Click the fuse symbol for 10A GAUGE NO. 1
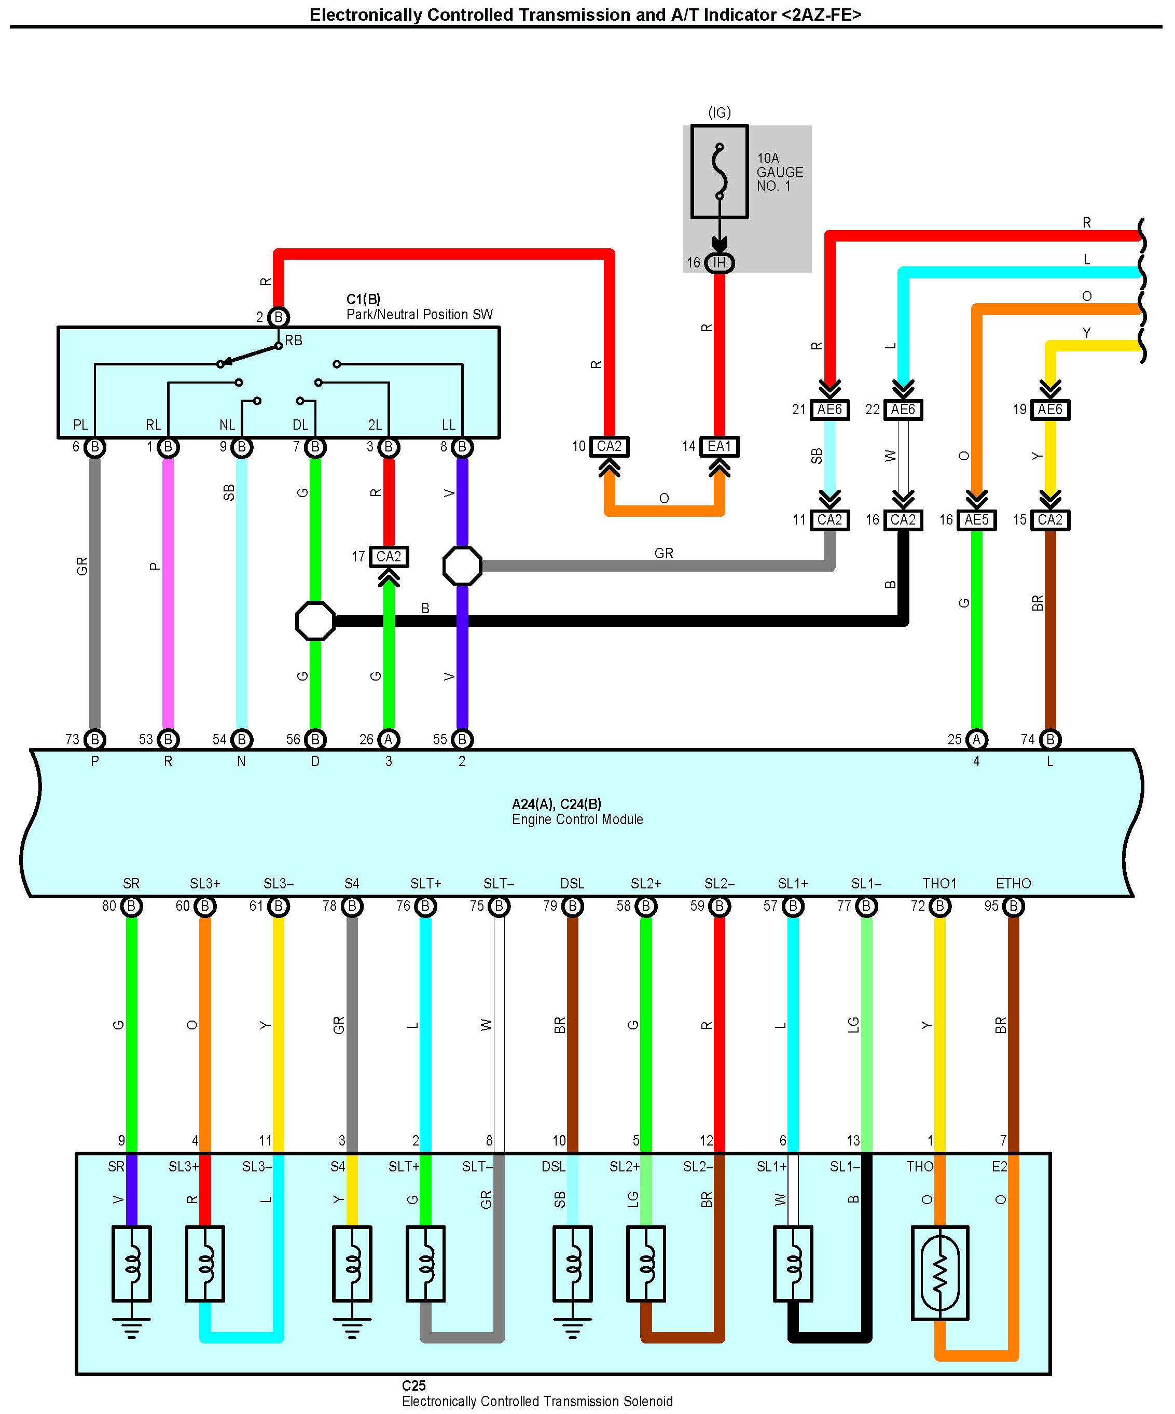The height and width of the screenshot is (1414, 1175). click(720, 172)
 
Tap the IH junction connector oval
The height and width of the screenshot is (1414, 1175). click(720, 263)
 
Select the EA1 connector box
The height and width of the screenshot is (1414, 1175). click(720, 446)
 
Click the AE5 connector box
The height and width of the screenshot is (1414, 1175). click(976, 520)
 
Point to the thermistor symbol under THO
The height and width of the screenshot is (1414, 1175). click(940, 1272)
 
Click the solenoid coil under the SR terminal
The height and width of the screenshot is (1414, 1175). click(131, 1263)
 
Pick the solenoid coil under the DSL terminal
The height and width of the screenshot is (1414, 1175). click(573, 1263)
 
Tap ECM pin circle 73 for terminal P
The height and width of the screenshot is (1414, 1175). click(95, 739)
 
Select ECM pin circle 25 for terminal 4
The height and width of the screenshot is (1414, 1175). click(976, 739)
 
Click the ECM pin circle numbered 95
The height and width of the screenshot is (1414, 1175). click(1013, 907)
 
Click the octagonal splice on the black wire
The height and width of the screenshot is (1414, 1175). click(315, 621)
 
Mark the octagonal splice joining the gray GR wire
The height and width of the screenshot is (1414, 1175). click(462, 565)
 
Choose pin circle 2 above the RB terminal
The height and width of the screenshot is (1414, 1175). click(278, 317)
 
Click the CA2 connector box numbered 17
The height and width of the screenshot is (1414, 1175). click(389, 557)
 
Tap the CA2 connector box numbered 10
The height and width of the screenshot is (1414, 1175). click(609, 446)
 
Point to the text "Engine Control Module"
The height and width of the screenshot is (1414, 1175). click(577, 819)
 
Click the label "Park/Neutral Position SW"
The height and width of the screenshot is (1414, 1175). click(420, 315)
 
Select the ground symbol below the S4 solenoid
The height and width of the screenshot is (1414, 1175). click(352, 1328)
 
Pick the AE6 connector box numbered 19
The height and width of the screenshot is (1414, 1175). click(1049, 409)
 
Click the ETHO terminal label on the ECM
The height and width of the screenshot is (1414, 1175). click(1013, 883)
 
